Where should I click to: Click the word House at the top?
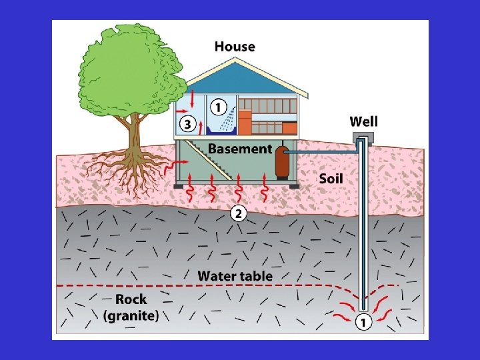point(235,46)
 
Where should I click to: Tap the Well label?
point(363,121)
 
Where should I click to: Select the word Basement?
point(240,149)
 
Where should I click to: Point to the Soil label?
point(331,178)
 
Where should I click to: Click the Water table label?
point(235,275)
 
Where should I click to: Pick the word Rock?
point(131,299)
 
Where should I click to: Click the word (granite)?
point(131,315)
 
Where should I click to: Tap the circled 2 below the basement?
point(238,213)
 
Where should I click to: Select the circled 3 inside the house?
point(187,123)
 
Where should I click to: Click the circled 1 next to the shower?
point(219,106)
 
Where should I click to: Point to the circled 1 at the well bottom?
point(363,323)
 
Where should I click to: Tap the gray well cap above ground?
point(362,137)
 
